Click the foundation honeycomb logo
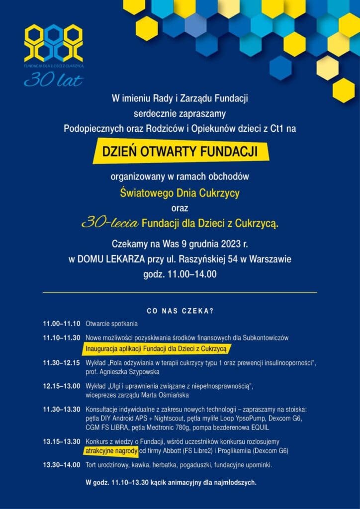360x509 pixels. (54, 43)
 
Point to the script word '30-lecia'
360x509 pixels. (110, 224)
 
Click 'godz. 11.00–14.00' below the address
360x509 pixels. (180, 274)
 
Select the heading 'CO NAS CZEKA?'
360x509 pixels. (180, 312)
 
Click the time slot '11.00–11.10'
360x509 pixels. (61, 324)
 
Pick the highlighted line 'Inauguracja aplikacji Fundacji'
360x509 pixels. (156, 349)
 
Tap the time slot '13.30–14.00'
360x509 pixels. (61, 465)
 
